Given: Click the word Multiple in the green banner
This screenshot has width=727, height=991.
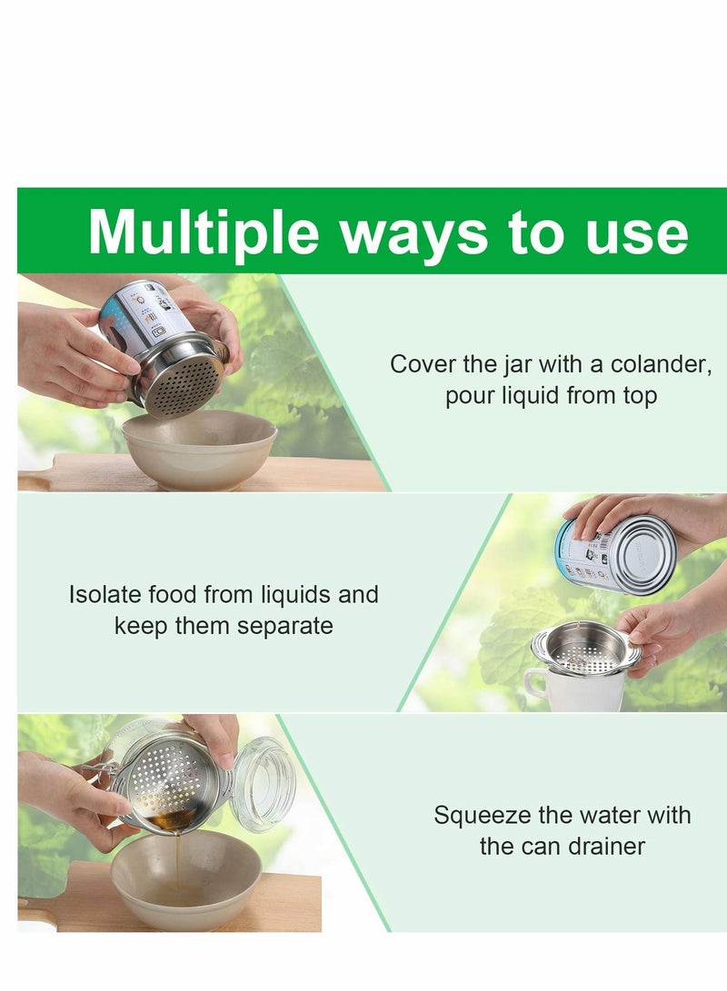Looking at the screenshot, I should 204,233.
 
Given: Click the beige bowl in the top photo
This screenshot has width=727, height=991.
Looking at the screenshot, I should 199,449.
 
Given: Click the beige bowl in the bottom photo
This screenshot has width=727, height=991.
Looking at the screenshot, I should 185,886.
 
